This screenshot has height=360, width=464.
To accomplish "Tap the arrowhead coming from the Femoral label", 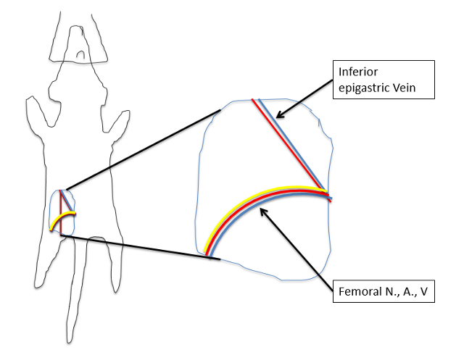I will point(263,211).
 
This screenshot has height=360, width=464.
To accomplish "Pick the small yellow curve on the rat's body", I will point(63,219).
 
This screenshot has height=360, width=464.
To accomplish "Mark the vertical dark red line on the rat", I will point(61,217).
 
